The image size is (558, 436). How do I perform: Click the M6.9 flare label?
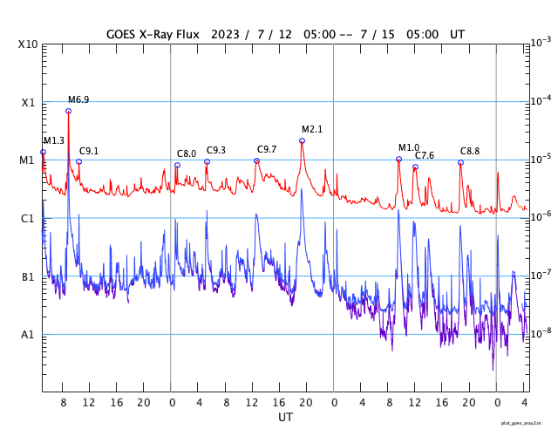click(78, 99)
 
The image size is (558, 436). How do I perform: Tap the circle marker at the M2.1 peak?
click(303, 140)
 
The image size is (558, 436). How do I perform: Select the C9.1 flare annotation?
click(89, 151)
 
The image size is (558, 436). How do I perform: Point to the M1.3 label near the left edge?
click(54, 140)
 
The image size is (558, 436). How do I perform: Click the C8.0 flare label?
click(187, 153)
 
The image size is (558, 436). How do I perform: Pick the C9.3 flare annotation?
click(216, 150)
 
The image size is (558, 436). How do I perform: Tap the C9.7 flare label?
click(267, 149)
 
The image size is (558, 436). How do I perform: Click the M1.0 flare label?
click(409, 147)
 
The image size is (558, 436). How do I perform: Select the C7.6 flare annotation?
click(425, 155)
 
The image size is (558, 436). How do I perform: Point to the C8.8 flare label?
click(470, 151)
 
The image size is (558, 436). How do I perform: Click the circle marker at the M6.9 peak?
click(68, 111)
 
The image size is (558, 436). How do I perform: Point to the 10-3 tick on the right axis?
click(540, 43)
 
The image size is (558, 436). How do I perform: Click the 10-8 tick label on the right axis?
click(540, 333)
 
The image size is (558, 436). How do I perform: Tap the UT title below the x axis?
click(285, 418)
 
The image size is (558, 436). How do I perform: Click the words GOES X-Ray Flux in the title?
click(153, 34)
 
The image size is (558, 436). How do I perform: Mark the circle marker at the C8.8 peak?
click(461, 162)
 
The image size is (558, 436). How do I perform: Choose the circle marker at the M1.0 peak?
click(398, 159)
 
